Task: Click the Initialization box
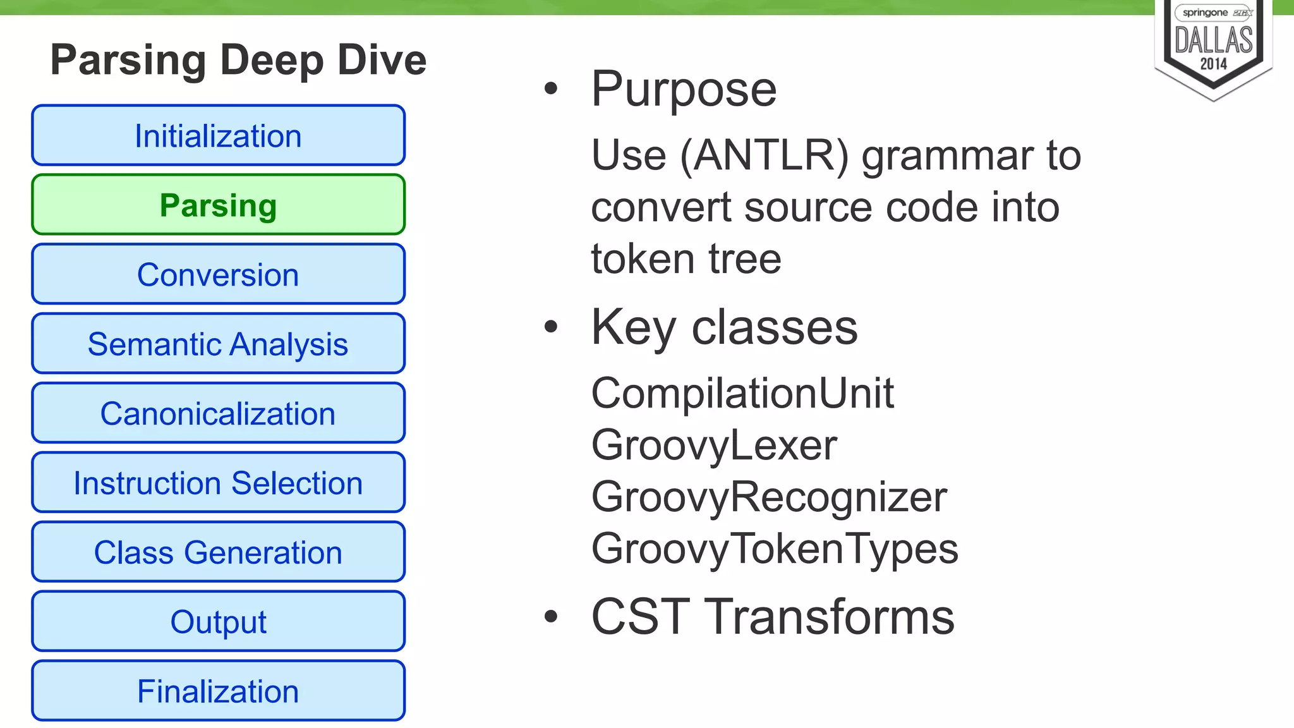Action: (218, 136)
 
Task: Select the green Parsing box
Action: (218, 205)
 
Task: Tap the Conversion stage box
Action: (218, 275)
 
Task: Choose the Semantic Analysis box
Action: (218, 344)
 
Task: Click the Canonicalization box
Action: (218, 414)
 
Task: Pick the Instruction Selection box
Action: (218, 483)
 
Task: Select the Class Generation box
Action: (218, 552)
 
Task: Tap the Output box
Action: (218, 622)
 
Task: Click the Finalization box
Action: (218, 691)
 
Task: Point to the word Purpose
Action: (684, 90)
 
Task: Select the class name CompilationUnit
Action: (742, 393)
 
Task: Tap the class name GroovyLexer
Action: (714, 445)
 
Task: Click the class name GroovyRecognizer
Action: (769, 497)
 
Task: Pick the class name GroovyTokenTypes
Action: (775, 549)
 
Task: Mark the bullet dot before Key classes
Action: (551, 327)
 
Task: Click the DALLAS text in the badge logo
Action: (1213, 40)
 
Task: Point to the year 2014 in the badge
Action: (1213, 64)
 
